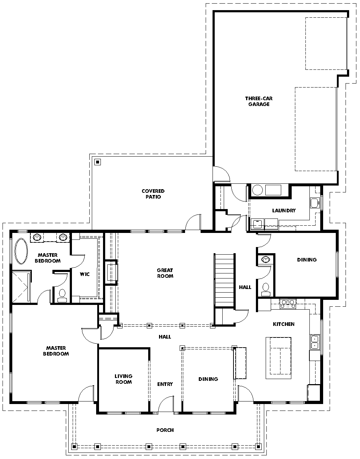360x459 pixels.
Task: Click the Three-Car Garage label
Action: [259, 101]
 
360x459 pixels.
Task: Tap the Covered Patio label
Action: [153, 194]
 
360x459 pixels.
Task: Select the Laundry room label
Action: [284, 211]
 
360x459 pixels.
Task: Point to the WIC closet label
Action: [85, 274]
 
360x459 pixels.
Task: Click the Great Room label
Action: [165, 273]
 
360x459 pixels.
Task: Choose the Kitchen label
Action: [284, 324]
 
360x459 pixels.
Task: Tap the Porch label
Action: [165, 430]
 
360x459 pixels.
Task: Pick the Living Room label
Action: [124, 379]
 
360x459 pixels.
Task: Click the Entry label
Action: [165, 384]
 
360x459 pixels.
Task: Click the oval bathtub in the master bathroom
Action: [21, 251]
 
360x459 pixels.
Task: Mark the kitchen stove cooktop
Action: [288, 304]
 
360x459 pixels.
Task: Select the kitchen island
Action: [278, 358]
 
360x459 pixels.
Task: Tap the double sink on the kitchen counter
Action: [315, 342]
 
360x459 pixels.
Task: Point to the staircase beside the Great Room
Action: [224, 280]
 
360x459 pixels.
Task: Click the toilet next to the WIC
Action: [62, 296]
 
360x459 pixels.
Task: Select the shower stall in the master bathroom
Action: [21, 287]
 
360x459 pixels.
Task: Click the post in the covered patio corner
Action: [98, 162]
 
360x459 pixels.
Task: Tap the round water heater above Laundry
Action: [257, 190]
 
